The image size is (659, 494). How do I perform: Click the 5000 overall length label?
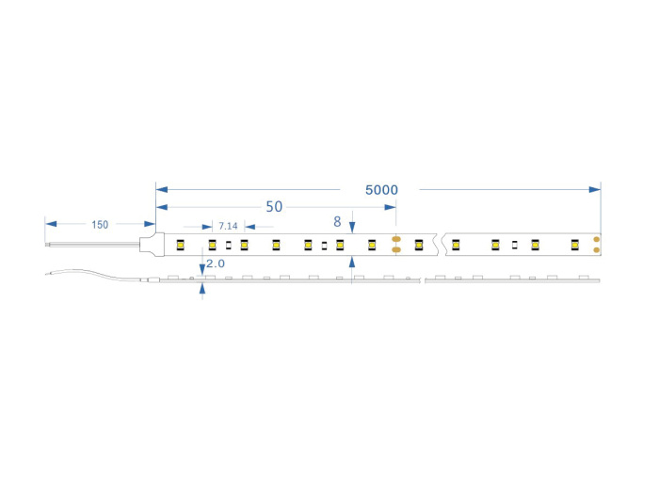tap(381, 190)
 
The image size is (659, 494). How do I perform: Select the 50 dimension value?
tap(274, 207)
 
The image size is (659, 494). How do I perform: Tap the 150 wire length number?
tap(100, 225)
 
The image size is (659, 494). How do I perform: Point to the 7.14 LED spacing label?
tap(228, 227)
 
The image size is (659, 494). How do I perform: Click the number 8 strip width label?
tap(337, 222)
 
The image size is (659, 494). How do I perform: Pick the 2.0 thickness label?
tap(216, 263)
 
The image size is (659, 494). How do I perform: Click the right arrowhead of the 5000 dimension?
tap(595, 189)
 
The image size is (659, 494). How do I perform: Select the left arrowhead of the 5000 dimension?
tap(162, 189)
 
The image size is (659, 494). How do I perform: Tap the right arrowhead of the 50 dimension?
tap(390, 207)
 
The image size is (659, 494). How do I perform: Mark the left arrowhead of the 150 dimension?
tap(51, 224)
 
